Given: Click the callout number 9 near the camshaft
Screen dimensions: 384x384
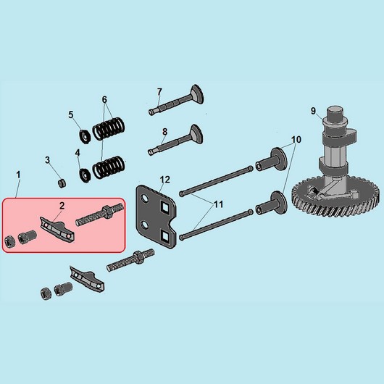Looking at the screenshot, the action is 313,111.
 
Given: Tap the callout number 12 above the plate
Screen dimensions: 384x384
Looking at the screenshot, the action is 164,180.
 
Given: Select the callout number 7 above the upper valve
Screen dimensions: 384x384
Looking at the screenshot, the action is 159,92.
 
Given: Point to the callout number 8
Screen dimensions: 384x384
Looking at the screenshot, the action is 164,132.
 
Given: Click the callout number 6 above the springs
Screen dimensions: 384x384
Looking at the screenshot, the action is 104,100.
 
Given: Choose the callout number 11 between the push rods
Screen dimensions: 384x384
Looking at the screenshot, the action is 219,204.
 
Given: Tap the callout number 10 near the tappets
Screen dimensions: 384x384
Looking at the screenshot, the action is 296,140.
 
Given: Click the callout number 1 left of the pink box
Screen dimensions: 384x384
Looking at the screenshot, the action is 18,175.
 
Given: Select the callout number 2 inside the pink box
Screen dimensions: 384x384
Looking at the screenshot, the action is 62,206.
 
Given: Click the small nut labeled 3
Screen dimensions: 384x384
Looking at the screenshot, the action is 62,183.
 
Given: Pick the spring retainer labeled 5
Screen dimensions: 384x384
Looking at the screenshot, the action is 85,137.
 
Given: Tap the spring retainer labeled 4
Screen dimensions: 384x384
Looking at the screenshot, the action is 85,175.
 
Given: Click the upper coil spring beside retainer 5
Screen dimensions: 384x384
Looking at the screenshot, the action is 109,128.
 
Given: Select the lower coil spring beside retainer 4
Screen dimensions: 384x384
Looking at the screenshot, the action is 109,167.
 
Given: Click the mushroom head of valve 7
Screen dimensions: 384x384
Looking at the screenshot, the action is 197,94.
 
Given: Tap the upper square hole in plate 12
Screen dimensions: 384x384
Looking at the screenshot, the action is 164,206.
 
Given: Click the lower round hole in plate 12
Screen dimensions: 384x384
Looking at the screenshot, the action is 145,225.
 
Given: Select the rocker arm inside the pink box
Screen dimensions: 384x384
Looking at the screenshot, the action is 57,228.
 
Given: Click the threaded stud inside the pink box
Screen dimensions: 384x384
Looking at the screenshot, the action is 99,214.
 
